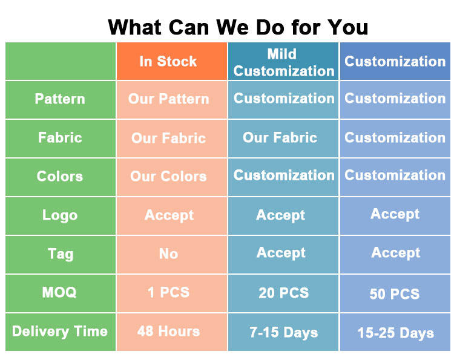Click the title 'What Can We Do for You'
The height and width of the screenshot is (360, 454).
[238, 27]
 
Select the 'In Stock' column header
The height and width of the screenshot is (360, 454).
[168, 61]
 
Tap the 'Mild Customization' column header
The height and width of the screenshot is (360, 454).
[284, 62]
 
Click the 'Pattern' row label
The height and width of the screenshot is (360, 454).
[60, 99]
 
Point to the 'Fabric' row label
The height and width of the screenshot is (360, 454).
[60, 137]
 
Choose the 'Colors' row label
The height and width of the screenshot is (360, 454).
[60, 176]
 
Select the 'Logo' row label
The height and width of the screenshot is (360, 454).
[60, 215]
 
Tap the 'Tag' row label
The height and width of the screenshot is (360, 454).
[61, 254]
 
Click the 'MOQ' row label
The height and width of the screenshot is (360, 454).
[59, 292]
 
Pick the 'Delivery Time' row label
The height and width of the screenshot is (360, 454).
[60, 332]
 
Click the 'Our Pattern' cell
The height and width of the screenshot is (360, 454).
[168, 99]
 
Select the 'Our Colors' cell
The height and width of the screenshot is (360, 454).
[168, 176]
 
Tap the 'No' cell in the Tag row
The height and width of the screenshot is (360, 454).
[168, 254]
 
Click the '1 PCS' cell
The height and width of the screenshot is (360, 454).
[168, 292]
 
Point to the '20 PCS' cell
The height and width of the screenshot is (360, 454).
[284, 293]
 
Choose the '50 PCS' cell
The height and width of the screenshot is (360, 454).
[395, 294]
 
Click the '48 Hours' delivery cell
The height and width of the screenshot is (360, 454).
[168, 332]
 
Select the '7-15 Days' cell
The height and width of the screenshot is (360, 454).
[284, 333]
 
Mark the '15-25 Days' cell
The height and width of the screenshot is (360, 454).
[396, 333]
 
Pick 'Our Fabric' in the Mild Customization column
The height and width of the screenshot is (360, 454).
[280, 137]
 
